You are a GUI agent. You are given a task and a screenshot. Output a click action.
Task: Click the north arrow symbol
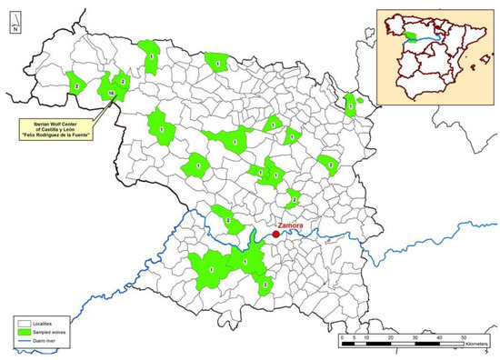pos(15,19)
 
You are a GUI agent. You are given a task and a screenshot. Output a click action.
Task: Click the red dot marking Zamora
pos(276,234)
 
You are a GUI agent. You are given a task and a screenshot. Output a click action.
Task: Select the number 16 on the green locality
pos(110,94)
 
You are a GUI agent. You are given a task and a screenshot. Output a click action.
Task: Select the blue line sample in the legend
pos(25,341)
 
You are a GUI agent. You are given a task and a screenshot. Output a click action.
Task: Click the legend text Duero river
pos(54,341)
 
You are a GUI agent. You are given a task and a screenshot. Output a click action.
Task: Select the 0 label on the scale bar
pos(341,338)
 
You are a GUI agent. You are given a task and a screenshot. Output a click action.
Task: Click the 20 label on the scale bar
pos(390,338)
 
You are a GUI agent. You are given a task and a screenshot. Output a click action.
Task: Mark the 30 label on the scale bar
pos(415,338)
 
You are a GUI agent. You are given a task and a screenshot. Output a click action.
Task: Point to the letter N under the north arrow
pos(15,30)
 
